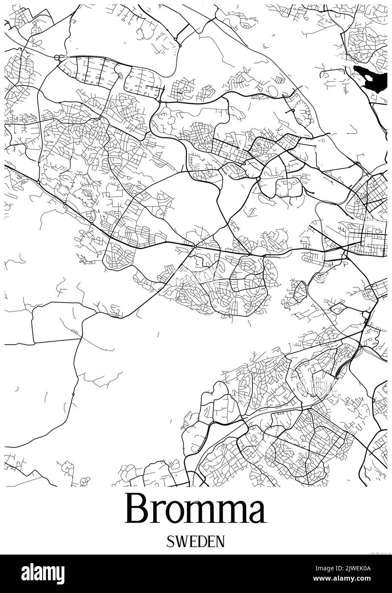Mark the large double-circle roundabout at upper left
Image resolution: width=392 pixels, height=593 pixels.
pos(57,58)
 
